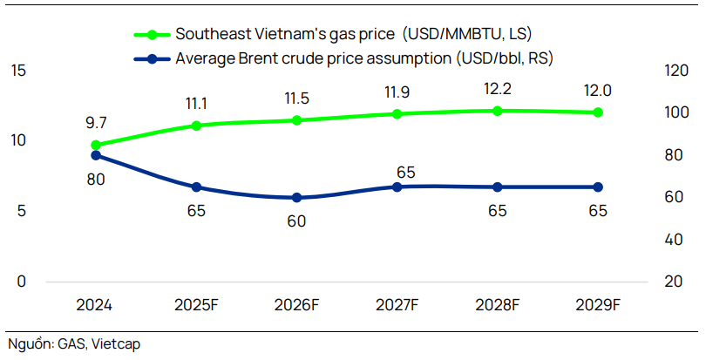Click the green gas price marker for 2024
96,146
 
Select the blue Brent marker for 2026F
296,198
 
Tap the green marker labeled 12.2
497,111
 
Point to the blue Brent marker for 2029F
598,187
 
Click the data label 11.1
196,104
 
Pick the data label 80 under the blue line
96,180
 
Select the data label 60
296,221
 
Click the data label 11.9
397,92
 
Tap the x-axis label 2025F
196,305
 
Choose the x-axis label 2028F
497,305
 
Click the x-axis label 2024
96,305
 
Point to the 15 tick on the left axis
18,70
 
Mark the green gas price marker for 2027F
397,114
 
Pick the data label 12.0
598,90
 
